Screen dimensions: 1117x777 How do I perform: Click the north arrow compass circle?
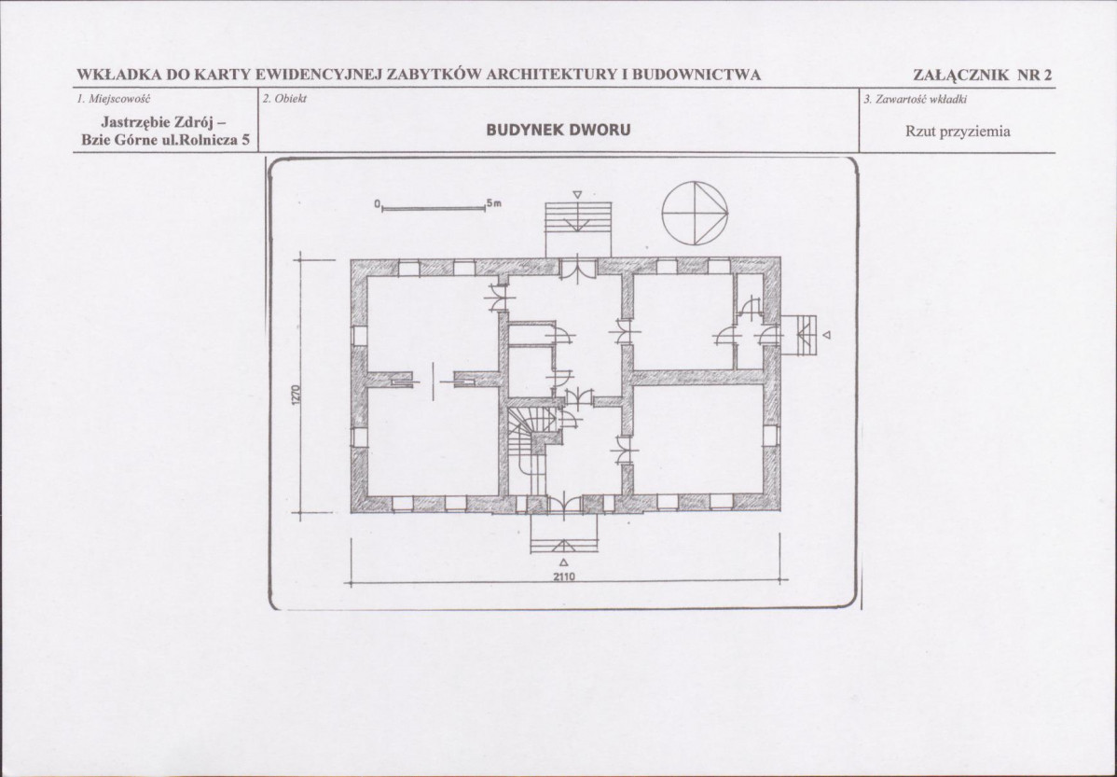(x=663, y=214)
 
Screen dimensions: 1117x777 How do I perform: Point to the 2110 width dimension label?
(x=563, y=576)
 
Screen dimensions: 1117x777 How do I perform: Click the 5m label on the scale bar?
(x=495, y=203)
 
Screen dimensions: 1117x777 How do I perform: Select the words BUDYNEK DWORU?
(x=558, y=131)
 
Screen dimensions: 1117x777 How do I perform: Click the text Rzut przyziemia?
(x=958, y=132)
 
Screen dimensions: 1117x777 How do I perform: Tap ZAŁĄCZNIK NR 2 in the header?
(x=983, y=75)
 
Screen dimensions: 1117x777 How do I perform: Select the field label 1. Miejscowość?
(x=114, y=99)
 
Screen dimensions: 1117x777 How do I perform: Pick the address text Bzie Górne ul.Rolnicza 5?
(x=165, y=141)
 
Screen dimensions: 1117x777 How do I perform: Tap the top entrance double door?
(x=578, y=270)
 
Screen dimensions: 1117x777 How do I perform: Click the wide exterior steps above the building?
(x=578, y=229)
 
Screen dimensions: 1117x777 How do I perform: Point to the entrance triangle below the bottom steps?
(x=563, y=562)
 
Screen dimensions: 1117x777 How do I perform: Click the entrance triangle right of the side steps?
(x=826, y=334)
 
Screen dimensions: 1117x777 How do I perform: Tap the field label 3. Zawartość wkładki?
(x=915, y=99)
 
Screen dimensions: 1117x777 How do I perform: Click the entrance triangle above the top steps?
(x=578, y=194)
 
